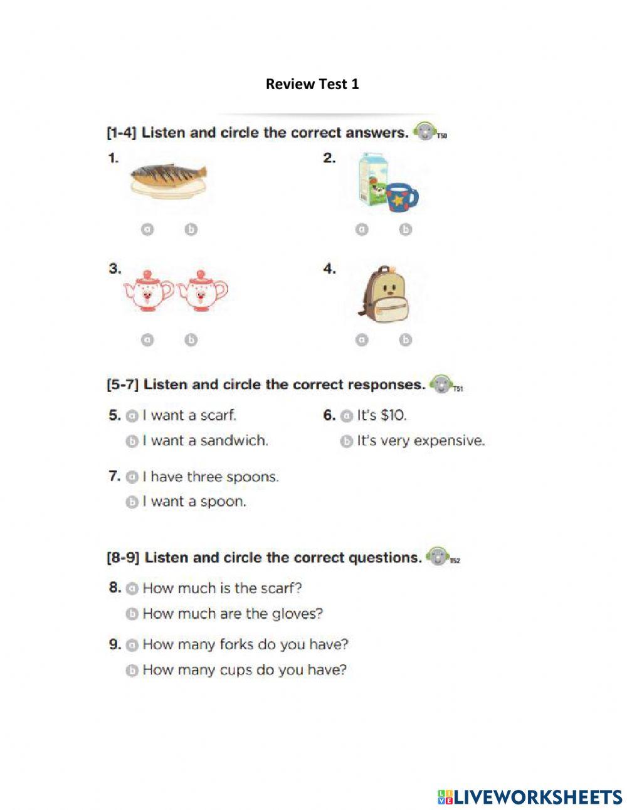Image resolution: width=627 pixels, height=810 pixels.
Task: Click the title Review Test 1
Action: (312, 84)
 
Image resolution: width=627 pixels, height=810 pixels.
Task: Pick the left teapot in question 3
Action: (148, 289)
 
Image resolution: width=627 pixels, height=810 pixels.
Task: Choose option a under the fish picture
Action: (147, 230)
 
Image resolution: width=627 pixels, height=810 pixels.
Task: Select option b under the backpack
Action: (406, 339)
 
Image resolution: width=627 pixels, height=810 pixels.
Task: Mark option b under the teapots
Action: (191, 339)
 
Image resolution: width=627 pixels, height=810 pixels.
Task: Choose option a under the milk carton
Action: (361, 230)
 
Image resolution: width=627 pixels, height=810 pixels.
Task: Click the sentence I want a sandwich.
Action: (204, 441)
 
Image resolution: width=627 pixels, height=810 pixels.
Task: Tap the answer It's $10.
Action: (382, 415)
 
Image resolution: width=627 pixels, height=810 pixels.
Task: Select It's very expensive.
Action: (420, 441)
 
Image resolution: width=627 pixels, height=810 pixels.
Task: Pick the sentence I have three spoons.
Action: (210, 477)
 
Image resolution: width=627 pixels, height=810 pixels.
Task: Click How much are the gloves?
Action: (232, 614)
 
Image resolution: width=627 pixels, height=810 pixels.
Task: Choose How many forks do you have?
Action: (245, 644)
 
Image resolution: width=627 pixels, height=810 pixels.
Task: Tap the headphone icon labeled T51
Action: (441, 384)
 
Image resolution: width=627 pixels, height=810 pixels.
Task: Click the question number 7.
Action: (114, 476)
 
